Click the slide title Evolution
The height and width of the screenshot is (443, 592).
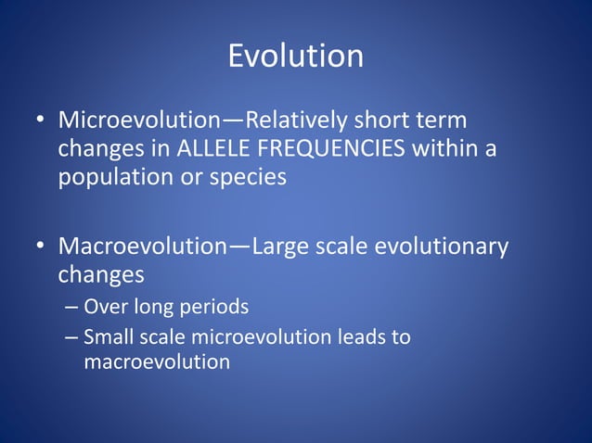(x=295, y=57)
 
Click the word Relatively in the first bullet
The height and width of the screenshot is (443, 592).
(x=293, y=120)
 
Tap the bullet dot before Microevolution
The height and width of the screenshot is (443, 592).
(x=41, y=121)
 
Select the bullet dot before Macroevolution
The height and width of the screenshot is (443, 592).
(x=41, y=247)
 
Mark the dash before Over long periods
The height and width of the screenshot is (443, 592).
(x=71, y=306)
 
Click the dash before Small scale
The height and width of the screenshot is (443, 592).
(x=71, y=337)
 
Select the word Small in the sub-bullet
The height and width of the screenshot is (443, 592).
(x=106, y=337)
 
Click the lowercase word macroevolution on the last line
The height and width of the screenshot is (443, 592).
(x=156, y=361)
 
